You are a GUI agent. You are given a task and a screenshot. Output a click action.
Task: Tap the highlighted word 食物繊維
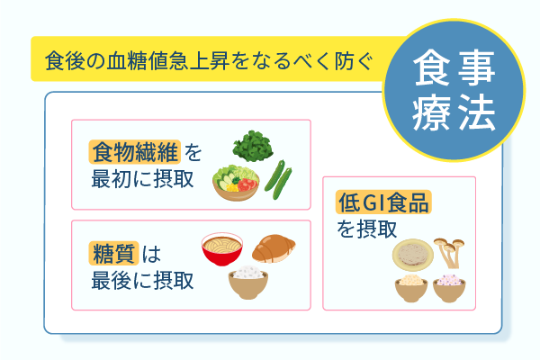135,150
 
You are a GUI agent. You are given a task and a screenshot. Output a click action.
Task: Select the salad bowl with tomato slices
238,183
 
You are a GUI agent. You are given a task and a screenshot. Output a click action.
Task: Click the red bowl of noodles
224,248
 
